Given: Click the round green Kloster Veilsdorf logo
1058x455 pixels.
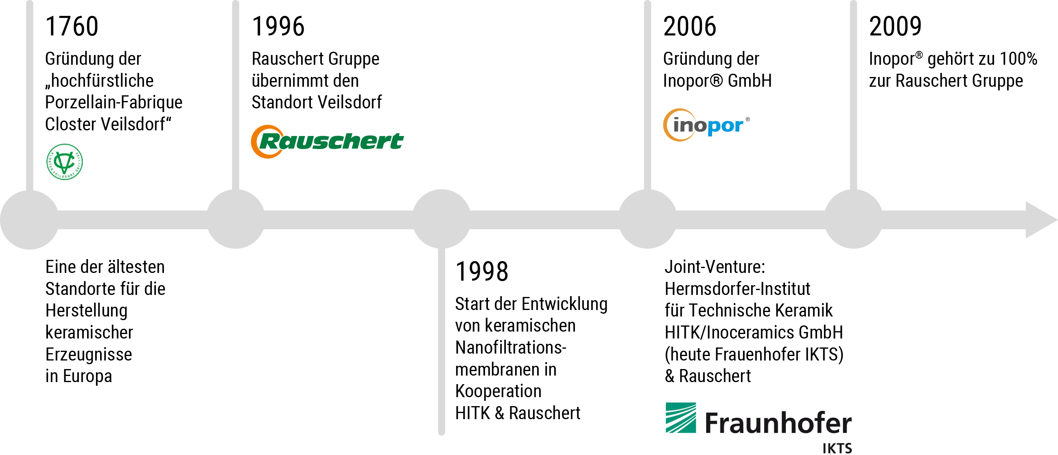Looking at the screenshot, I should [x=64, y=161].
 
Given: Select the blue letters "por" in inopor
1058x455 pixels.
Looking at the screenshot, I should [x=725, y=126].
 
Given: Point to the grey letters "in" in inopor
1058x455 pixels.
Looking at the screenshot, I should [x=682, y=125].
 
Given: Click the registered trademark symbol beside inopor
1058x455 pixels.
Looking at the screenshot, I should [x=748, y=119].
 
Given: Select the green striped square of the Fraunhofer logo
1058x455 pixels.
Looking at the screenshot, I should [x=680, y=418].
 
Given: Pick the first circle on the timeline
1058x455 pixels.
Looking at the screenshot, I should [x=30, y=220].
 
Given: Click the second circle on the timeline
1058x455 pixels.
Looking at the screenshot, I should [x=235, y=219].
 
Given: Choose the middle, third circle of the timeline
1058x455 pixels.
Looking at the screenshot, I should [x=442, y=219].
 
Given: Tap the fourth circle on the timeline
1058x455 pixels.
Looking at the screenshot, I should [x=648, y=219].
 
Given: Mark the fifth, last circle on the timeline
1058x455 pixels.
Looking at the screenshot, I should [x=853, y=219].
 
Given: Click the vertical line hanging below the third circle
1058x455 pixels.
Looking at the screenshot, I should [x=442, y=341].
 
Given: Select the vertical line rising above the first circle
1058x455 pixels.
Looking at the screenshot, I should [x=30, y=95].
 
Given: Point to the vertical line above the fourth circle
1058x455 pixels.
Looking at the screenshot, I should [x=648, y=95].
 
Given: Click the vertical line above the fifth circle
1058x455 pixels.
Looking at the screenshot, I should [x=853, y=95].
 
